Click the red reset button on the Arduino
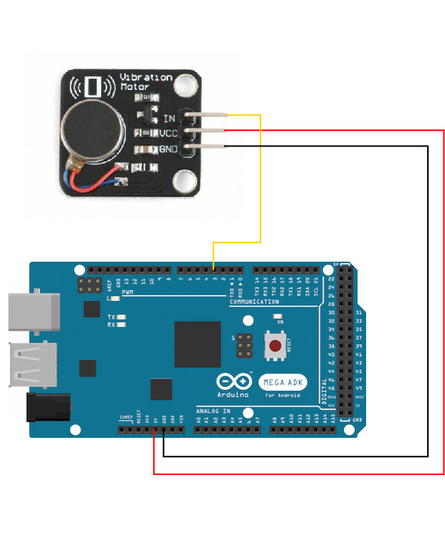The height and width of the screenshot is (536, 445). (x=275, y=346)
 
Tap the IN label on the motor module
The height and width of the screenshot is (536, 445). (x=168, y=118)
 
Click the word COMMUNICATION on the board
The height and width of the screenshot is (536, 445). (x=254, y=302)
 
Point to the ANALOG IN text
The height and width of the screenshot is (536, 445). (x=213, y=410)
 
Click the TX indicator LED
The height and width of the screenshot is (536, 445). (x=121, y=317)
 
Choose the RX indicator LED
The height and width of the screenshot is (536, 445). (x=121, y=325)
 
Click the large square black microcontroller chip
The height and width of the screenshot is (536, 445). (x=198, y=344)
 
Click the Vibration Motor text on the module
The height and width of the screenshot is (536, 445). (x=146, y=82)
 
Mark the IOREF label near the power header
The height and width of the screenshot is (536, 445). (x=127, y=418)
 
